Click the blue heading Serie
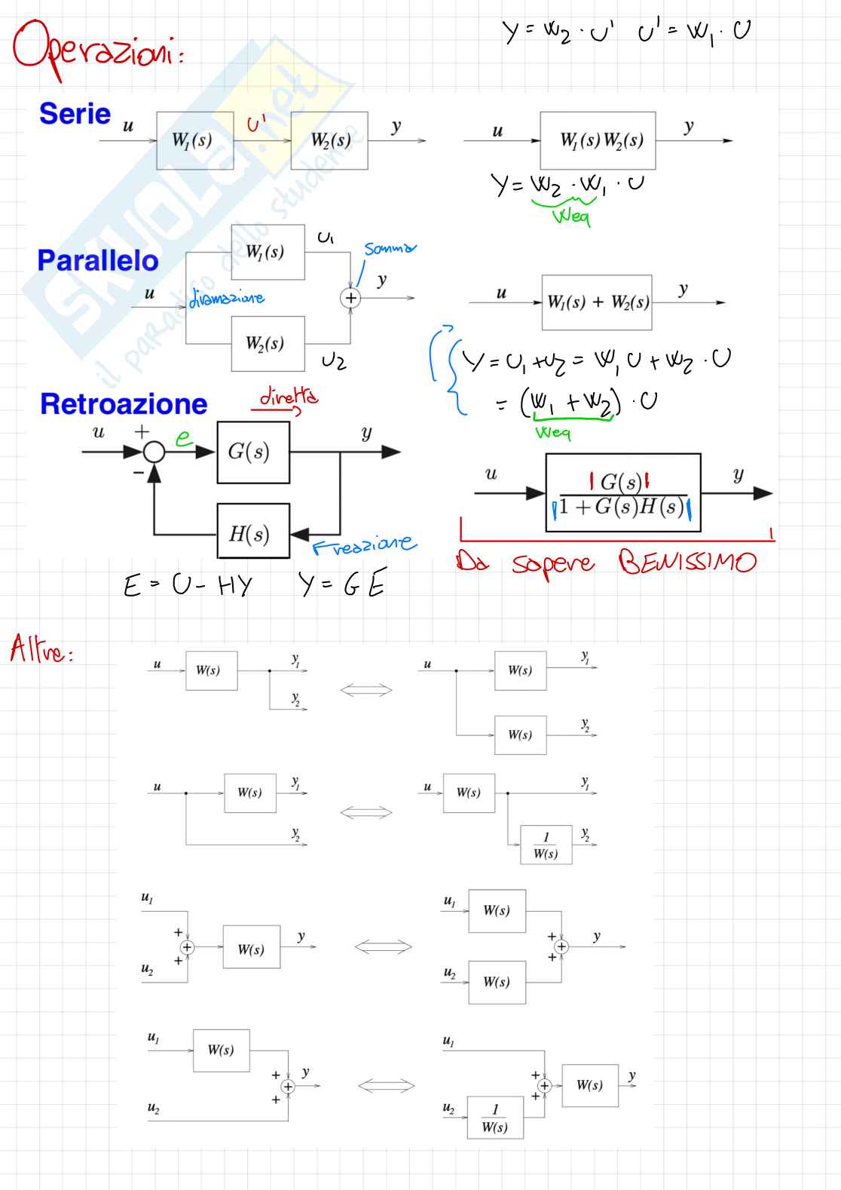tap(75, 114)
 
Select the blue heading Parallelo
tap(98, 261)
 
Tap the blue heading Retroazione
tap(124, 404)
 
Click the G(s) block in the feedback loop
tap(253, 452)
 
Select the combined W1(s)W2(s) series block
tap(598, 140)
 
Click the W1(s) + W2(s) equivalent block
tap(597, 302)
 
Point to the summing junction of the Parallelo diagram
tap(350, 298)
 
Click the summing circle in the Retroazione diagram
tap(154, 452)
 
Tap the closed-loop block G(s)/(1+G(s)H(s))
tap(623, 493)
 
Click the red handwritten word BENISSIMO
tap(687, 562)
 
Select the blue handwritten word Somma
tap(389, 249)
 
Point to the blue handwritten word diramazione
tap(226, 299)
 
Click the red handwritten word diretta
tap(289, 397)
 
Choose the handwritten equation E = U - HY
tap(188, 585)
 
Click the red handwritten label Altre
tap(41, 649)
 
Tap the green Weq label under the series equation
tap(570, 216)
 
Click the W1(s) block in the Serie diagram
tap(194, 140)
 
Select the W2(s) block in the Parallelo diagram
tap(268, 344)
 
